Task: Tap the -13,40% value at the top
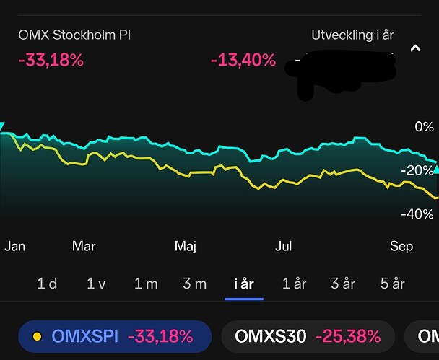[243, 60]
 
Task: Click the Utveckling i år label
[352, 35]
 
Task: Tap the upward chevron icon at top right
[415, 49]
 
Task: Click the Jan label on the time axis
[15, 246]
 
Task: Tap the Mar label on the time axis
[84, 246]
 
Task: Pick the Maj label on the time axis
[186, 246]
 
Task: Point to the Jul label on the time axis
[284, 246]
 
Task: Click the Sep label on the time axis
[401, 246]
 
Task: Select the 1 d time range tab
[47, 284]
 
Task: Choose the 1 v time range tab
[96, 284]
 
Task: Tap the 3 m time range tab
[194, 284]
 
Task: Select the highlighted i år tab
[244, 284]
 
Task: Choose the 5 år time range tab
[392, 284]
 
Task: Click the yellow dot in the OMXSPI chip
[36, 335]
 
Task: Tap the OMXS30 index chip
[308, 335]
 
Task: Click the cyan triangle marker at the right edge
[435, 170]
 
